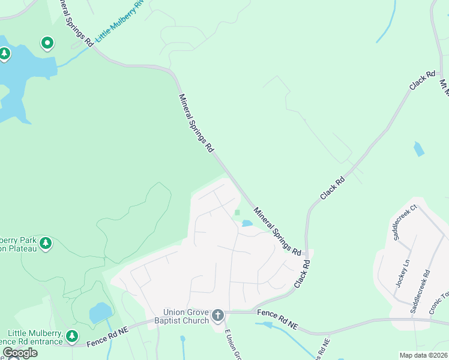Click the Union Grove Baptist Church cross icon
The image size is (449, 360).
pyautogui.click(x=218, y=315)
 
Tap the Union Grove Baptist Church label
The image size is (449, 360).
pyautogui.click(x=187, y=316)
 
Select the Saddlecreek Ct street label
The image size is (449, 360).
pyautogui.click(x=405, y=222)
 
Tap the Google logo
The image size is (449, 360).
pyautogui.click(x=19, y=353)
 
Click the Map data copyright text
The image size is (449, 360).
pyautogui.click(x=424, y=355)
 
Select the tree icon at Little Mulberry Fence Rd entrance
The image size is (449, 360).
pyautogui.click(x=72, y=336)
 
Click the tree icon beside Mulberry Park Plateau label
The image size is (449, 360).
pyautogui.click(x=46, y=244)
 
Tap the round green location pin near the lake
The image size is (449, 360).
pyautogui.click(x=47, y=43)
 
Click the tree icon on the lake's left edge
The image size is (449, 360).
pyautogui.click(x=5, y=54)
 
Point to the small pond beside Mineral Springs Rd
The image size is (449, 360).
pyautogui.click(x=247, y=224)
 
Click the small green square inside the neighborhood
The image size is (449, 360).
pyautogui.click(x=238, y=212)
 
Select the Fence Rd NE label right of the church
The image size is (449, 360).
pyautogui.click(x=277, y=319)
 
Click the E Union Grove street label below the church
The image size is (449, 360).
pyautogui.click(x=233, y=345)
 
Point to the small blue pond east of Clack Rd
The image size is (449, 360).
pyautogui.click(x=418, y=149)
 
